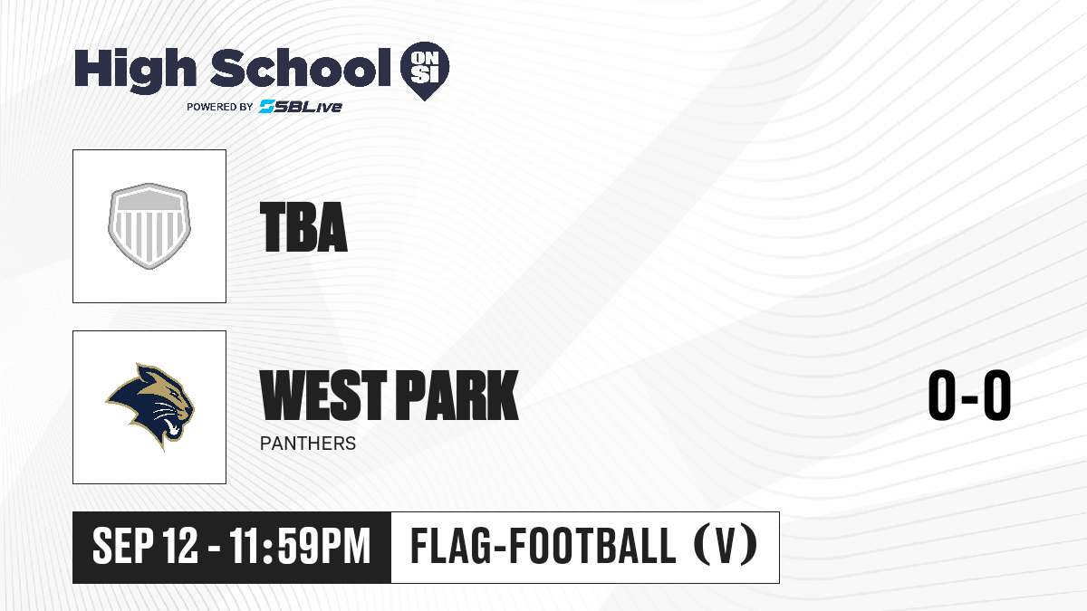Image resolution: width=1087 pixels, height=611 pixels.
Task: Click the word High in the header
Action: (x=135, y=71)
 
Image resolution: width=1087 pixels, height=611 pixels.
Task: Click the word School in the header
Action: (x=301, y=68)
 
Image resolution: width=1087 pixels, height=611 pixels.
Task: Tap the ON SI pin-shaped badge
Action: (x=425, y=71)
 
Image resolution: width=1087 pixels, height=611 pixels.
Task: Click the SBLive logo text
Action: (x=301, y=107)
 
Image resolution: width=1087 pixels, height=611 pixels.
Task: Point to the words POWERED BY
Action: (x=220, y=107)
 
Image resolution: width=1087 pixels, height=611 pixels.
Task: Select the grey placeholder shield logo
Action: (x=149, y=226)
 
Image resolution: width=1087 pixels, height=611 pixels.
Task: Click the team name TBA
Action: (x=303, y=227)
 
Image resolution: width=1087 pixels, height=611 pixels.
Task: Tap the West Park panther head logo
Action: (x=149, y=407)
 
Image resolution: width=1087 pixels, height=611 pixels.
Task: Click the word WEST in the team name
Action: (x=323, y=395)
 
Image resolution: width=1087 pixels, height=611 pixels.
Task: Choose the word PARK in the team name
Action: (x=457, y=395)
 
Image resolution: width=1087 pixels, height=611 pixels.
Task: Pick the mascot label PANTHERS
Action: (x=308, y=444)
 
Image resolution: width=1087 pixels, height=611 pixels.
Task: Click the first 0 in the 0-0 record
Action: (x=942, y=395)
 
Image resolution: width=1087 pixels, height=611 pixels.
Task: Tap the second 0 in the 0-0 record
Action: (x=997, y=395)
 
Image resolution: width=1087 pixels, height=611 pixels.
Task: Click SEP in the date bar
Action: (x=123, y=547)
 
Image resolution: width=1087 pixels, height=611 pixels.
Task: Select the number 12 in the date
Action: (x=180, y=547)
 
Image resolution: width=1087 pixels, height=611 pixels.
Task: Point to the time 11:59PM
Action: (x=300, y=547)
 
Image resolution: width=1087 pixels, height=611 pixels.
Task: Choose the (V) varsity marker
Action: (x=726, y=545)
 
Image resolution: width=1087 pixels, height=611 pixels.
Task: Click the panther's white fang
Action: (x=172, y=427)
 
